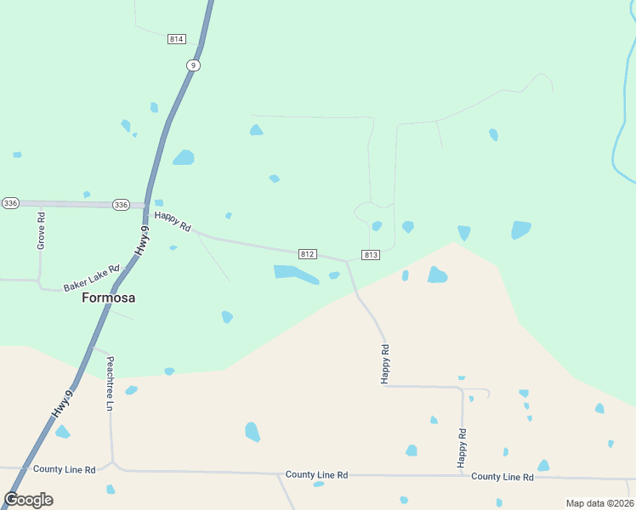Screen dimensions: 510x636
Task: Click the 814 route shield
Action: pos(177,39)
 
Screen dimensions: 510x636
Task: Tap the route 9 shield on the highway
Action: pos(194,65)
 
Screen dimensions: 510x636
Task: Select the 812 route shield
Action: pos(308,254)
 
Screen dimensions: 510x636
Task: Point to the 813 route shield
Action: pos(371,255)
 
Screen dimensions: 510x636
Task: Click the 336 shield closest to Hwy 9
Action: pos(121,205)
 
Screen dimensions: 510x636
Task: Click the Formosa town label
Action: pos(108,298)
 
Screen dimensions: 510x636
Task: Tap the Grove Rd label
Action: pos(41,230)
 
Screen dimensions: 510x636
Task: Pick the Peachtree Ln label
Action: pos(110,382)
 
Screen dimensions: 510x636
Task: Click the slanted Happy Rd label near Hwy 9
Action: pos(173,221)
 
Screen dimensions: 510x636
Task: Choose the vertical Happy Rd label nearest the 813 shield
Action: pos(385,364)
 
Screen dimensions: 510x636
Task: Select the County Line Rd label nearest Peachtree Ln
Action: pos(64,469)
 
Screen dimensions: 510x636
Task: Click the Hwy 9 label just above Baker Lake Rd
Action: pos(144,241)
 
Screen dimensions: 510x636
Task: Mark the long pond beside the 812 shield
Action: pos(295,274)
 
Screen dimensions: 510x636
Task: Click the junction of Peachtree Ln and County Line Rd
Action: pos(112,465)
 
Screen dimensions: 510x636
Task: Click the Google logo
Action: pos(28,500)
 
